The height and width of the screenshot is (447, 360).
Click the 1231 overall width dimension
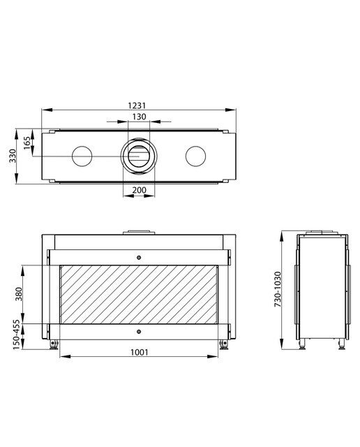[x=137, y=105]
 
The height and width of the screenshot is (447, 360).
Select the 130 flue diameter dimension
[x=140, y=117]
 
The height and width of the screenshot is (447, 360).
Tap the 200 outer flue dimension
[x=140, y=190]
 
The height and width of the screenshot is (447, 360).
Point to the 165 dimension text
[x=27, y=142]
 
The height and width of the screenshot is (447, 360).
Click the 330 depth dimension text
[x=13, y=156]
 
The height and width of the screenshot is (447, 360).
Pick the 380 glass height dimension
[x=19, y=294]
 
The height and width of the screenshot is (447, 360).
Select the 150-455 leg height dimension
[x=17, y=335]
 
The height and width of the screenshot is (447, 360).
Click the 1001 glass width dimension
[x=140, y=352]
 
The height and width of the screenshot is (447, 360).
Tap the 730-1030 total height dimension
[x=278, y=289]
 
